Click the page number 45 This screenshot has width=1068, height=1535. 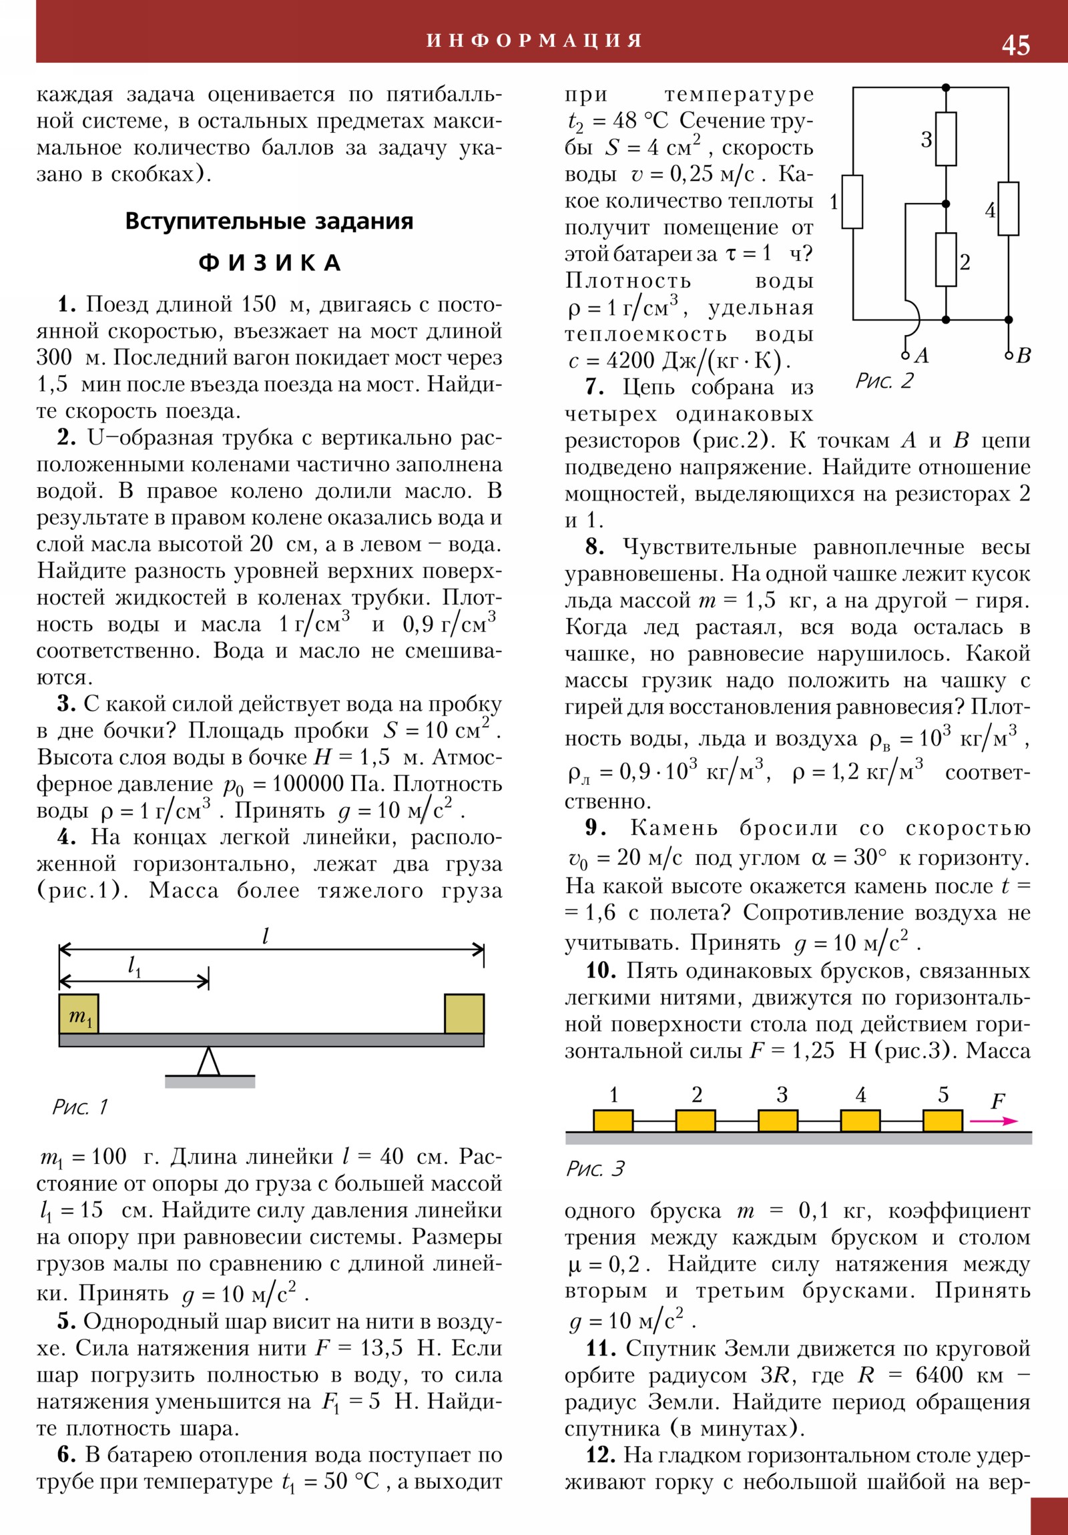(x=1015, y=45)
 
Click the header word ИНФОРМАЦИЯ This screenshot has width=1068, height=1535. (x=535, y=41)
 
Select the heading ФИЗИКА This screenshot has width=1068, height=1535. (x=270, y=263)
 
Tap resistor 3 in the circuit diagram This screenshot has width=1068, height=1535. (x=946, y=138)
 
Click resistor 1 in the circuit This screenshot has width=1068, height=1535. (x=852, y=202)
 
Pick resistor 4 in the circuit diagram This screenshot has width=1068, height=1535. (x=1009, y=209)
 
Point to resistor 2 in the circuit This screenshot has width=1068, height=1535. (x=946, y=260)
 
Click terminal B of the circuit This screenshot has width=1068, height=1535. (x=1009, y=355)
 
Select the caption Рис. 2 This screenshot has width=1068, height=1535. (x=884, y=381)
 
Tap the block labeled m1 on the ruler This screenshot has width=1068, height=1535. (x=79, y=1014)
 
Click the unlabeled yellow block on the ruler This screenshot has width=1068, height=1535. (x=464, y=1014)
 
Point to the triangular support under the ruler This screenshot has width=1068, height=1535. (x=209, y=1061)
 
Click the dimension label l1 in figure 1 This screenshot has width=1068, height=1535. (x=134, y=966)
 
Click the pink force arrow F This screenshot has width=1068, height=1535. (x=994, y=1121)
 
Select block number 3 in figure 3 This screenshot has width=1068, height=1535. (x=778, y=1121)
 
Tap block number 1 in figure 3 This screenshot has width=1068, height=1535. (x=613, y=1121)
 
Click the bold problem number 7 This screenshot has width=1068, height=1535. (x=595, y=387)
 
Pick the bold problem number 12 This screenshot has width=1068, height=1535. (x=600, y=1456)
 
